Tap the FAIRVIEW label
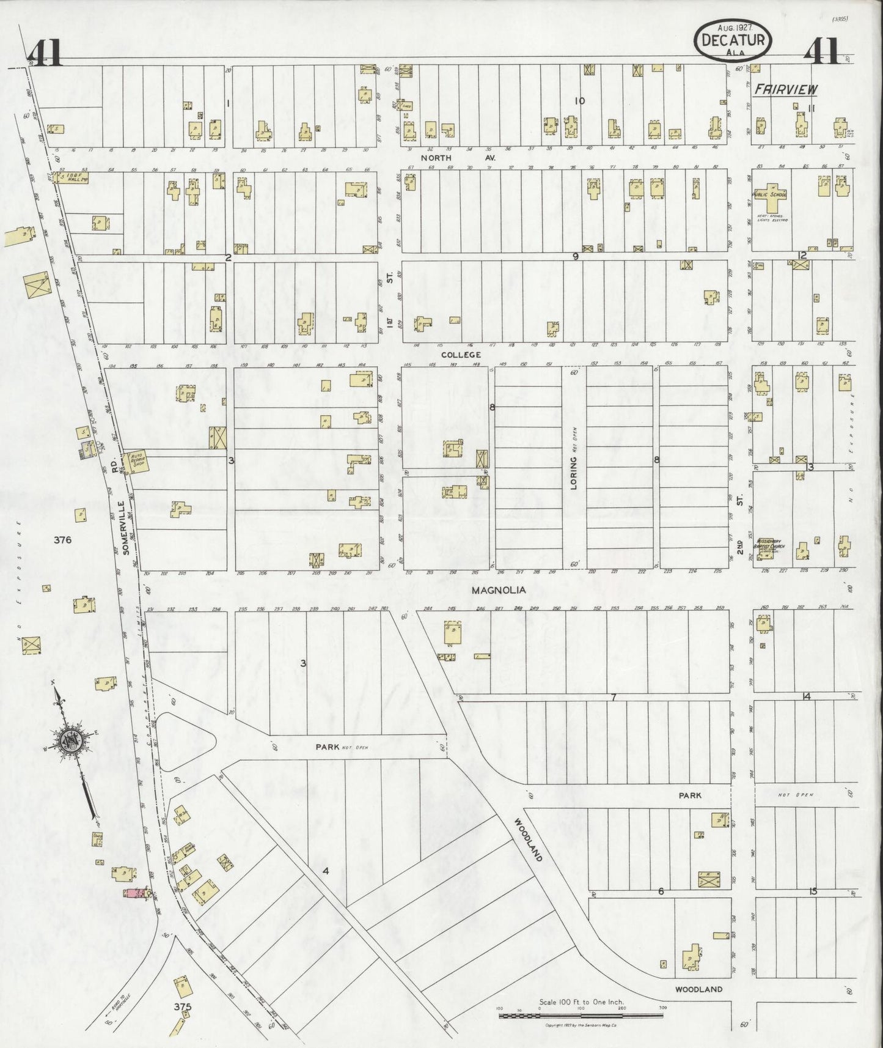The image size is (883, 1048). click(x=785, y=90)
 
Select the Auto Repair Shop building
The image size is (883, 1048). click(x=134, y=462)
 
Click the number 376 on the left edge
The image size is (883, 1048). click(x=62, y=540)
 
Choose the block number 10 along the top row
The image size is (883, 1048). click(x=579, y=101)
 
